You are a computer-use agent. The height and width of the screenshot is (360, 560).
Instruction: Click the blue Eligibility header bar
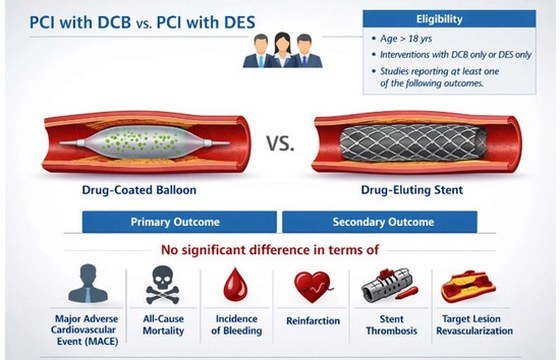(x=449, y=19)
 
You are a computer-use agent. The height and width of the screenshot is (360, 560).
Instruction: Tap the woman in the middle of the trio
(x=282, y=50)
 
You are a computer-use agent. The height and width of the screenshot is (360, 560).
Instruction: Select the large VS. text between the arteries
(x=280, y=143)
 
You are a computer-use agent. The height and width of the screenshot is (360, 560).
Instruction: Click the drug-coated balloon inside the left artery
(x=145, y=143)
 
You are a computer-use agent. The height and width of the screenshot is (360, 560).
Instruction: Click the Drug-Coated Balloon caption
(x=139, y=190)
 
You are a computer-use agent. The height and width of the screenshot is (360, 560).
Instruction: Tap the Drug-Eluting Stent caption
(x=412, y=190)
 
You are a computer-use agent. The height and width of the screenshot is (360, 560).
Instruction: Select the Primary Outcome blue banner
(x=179, y=222)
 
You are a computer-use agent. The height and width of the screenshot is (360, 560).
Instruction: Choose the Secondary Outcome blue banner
(x=380, y=222)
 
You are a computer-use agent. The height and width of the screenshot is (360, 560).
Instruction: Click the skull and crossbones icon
(x=162, y=285)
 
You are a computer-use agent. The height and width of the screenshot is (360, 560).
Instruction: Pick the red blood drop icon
(x=235, y=285)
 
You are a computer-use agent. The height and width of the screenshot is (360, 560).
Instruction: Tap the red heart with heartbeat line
(x=313, y=286)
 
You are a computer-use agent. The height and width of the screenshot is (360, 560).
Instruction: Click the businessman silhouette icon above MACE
(x=88, y=284)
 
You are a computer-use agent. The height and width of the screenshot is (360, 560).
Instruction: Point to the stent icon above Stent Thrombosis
(x=389, y=285)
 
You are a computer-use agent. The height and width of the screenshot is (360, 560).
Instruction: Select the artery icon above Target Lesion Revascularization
(x=468, y=286)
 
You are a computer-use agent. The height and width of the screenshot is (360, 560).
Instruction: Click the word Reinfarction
(x=313, y=321)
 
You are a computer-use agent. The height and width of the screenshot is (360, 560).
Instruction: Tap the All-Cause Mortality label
(x=163, y=325)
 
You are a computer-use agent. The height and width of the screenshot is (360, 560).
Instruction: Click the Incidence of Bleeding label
(x=236, y=325)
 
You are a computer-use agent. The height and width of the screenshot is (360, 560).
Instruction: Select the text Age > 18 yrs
(x=406, y=39)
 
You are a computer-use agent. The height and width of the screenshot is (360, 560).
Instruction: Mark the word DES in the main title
(x=240, y=22)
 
